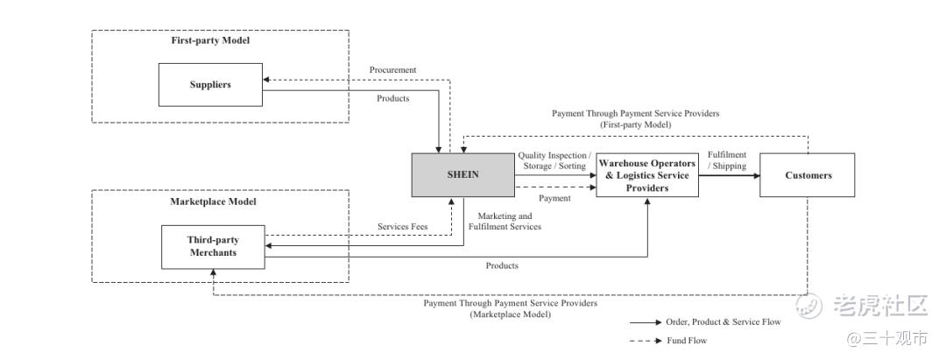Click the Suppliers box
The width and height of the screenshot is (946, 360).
pyautogui.click(x=210, y=84)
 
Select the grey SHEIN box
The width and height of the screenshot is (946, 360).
pyautogui.click(x=463, y=175)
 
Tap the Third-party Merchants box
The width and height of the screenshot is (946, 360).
pyautogui.click(x=213, y=247)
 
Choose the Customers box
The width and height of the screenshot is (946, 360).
pyautogui.click(x=808, y=175)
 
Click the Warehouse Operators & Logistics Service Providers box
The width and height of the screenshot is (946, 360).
pyautogui.click(x=647, y=175)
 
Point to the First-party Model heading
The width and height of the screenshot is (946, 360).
pyautogui.click(x=210, y=40)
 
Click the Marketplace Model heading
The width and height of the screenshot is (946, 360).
pyautogui.click(x=213, y=201)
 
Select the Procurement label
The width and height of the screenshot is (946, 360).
pyautogui.click(x=392, y=69)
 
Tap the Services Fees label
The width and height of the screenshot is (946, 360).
pyautogui.click(x=402, y=227)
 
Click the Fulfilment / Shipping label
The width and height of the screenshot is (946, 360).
pyautogui.click(x=727, y=160)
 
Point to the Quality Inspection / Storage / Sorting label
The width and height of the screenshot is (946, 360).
pyautogui.click(x=554, y=160)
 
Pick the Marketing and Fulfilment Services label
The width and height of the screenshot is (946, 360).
pyautogui.click(x=505, y=222)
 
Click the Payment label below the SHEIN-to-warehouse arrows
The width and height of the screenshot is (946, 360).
pyautogui.click(x=554, y=198)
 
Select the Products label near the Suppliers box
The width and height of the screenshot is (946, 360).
pyautogui.click(x=392, y=98)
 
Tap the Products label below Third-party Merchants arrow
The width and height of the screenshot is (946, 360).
pyautogui.click(x=502, y=265)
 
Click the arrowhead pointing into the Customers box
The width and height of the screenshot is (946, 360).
pyautogui.click(x=755, y=175)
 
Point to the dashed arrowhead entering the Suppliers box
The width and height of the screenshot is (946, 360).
pyautogui.click(x=266, y=79)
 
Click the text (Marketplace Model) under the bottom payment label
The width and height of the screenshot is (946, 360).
pyautogui.click(x=510, y=314)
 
